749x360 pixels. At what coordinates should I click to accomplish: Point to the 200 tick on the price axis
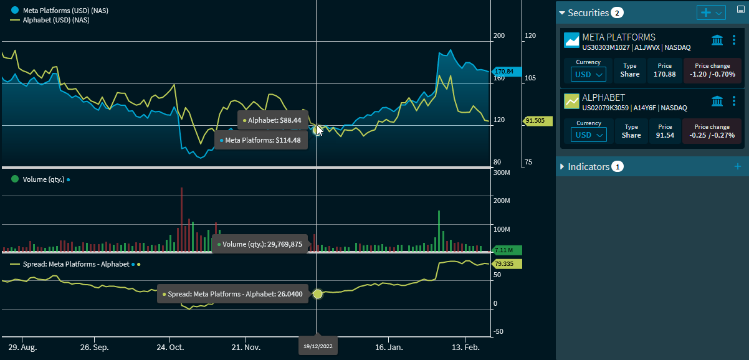click(499, 36)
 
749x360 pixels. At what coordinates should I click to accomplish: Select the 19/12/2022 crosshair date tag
click(318, 346)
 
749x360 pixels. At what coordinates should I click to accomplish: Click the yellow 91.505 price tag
click(535, 121)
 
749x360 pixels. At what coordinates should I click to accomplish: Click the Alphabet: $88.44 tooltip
click(272, 120)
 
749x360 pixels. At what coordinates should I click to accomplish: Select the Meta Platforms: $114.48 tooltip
click(260, 140)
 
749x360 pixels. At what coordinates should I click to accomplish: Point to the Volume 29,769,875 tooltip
click(260, 244)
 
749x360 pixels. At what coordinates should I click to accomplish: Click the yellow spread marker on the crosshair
click(318, 294)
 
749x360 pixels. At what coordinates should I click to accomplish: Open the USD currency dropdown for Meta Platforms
click(588, 75)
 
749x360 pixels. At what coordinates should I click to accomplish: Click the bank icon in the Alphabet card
click(717, 101)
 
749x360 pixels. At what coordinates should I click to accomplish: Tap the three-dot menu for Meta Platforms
click(734, 40)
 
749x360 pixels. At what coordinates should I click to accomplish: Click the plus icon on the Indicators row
click(738, 166)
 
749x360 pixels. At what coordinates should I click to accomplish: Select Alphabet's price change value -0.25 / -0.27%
click(712, 135)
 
